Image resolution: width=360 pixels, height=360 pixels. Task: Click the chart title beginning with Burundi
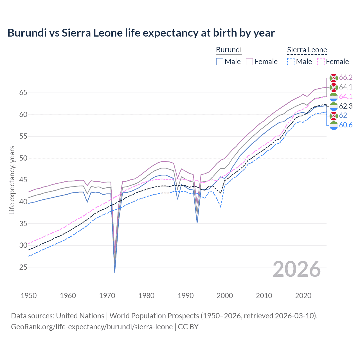point(141,33)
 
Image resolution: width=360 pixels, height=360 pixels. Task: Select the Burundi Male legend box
point(220,62)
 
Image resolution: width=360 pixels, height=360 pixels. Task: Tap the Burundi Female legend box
point(250,62)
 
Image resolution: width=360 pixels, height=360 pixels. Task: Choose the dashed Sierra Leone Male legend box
point(291,62)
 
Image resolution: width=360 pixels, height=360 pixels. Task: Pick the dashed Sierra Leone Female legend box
point(321,62)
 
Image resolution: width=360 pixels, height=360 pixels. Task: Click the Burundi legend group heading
point(229,50)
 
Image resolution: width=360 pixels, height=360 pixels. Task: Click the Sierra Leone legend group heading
point(307,50)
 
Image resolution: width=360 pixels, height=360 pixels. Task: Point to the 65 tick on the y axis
point(23,93)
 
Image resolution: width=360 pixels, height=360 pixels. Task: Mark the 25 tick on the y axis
point(23,267)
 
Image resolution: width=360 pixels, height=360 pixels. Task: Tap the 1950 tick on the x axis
point(29,296)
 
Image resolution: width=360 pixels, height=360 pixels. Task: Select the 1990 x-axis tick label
point(186,296)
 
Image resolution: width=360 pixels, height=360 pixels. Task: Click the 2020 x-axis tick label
point(303,296)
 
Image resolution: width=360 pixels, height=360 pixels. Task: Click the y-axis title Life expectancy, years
point(12,180)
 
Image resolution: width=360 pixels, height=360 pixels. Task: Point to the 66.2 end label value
point(346,78)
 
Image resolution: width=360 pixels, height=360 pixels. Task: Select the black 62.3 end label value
point(346,106)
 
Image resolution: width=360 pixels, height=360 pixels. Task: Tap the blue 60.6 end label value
point(346,125)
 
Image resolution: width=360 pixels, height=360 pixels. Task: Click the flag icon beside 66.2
point(334,78)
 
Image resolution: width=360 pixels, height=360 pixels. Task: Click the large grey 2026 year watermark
point(297,269)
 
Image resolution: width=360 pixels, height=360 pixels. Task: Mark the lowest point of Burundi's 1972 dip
point(115,273)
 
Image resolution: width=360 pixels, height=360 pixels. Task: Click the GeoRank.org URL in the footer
point(92,327)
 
